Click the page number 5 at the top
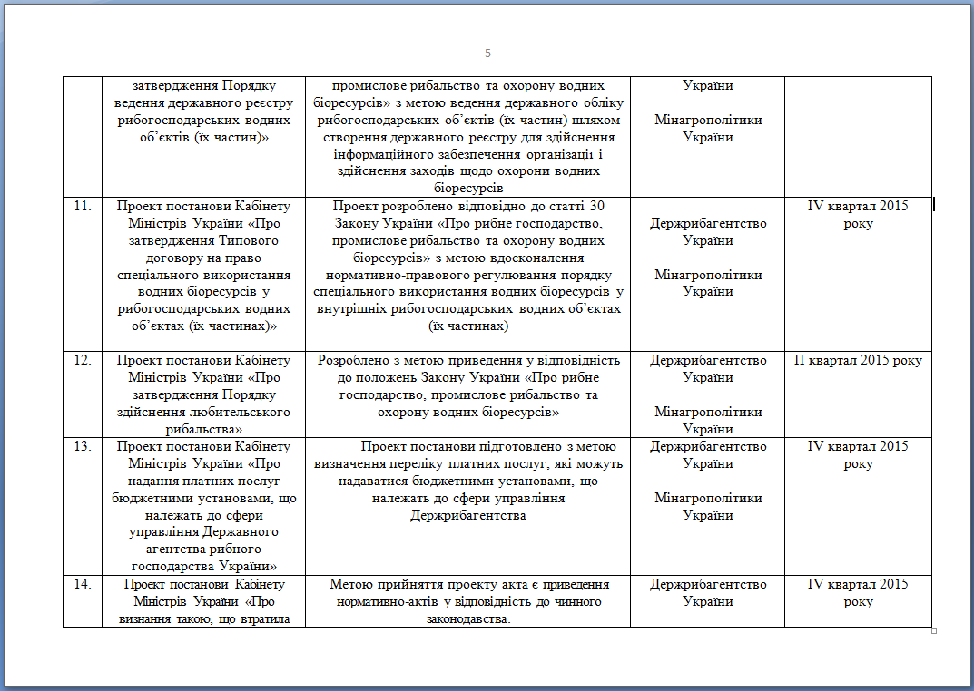487,54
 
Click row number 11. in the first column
83,206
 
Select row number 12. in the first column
83,360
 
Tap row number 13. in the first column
83,446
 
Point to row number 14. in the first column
83,584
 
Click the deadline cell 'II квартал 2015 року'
858,360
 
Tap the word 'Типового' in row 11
237,240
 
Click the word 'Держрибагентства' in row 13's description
467,515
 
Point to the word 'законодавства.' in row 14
467,618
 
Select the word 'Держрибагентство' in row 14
708,584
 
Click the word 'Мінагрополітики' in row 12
708,412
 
